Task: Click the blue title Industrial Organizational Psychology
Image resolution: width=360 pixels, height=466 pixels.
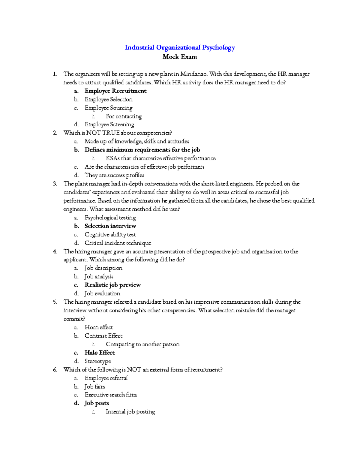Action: point(180,47)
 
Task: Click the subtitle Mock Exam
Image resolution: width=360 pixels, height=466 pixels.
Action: point(180,57)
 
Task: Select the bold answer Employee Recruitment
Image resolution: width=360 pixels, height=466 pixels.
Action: point(115,91)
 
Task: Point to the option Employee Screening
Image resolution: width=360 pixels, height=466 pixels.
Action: point(109,125)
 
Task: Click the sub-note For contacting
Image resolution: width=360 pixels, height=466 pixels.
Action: point(124,116)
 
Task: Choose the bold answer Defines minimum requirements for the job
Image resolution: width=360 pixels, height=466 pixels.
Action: point(142,150)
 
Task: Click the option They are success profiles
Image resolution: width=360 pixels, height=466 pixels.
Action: point(114,175)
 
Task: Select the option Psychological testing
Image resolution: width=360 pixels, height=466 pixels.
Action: point(110,218)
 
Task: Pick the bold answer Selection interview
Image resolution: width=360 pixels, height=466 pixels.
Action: point(110,226)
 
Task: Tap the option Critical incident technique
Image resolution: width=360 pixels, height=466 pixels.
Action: point(118,243)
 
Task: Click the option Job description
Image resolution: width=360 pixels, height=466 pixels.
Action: point(103,268)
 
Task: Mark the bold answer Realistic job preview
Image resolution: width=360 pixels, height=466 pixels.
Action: point(112,285)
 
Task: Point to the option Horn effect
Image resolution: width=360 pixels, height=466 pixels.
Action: point(99,327)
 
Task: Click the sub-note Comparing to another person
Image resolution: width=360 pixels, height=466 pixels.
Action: point(142,344)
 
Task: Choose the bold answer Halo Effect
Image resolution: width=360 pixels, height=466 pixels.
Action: point(100,353)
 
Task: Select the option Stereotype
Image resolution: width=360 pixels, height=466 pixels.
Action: point(98,361)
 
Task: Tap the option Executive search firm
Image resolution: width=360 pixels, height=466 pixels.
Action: point(111,395)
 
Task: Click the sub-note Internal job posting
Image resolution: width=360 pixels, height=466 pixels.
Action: point(130,412)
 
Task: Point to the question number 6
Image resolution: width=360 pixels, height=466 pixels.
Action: point(55,370)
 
